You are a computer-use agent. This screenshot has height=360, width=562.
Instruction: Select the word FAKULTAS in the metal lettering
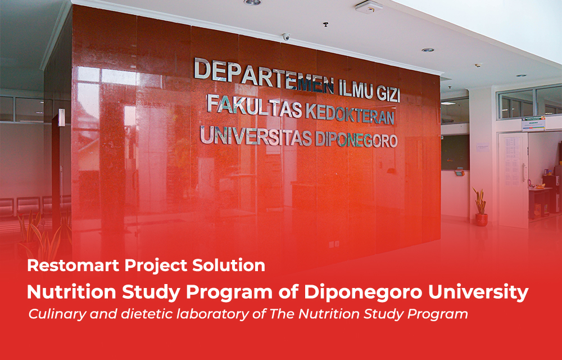tap(255, 107)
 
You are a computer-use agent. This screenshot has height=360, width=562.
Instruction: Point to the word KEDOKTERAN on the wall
tap(350, 115)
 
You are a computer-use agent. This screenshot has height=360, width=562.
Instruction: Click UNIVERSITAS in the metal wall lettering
tap(256, 136)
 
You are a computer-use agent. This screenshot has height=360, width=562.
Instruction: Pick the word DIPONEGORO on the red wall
tap(356, 140)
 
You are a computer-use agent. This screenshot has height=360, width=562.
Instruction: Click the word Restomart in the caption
tap(74, 265)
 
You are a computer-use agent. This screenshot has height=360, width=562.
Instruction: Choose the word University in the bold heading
tap(478, 293)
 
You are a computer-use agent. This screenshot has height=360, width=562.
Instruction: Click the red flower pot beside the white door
tap(482, 219)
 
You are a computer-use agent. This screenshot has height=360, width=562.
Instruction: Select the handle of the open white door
tap(524, 172)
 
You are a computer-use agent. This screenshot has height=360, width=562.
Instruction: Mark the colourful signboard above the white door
tap(533, 124)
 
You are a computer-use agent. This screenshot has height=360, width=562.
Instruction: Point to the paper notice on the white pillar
tap(482, 147)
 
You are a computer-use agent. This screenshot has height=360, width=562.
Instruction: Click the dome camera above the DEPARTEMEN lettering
tap(285, 37)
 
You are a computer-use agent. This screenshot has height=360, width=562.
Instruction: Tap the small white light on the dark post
tap(62, 118)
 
